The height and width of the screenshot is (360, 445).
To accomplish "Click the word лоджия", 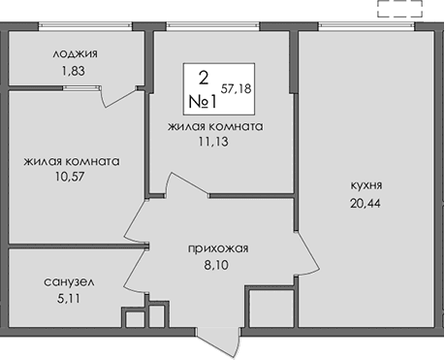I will tap(77, 54).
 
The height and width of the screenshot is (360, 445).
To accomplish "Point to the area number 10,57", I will tap(73, 178).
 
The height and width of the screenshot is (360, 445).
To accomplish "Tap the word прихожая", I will tap(218, 248).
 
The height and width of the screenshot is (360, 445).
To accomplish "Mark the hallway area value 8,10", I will tap(218, 264).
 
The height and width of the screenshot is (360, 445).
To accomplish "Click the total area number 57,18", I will tap(238, 87).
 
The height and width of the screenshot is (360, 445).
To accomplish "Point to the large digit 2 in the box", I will tap(204, 77).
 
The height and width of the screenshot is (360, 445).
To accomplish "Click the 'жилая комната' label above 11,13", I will tap(215, 126).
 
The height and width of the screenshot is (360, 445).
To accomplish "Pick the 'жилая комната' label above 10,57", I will tap(73, 162).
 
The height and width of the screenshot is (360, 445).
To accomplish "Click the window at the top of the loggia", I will tap(77, 27).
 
